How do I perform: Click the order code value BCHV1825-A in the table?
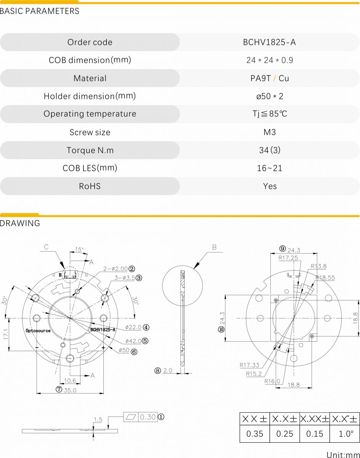(x=269, y=42)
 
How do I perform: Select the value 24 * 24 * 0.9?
(x=270, y=60)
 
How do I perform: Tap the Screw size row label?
(x=90, y=132)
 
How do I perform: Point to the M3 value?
(x=270, y=132)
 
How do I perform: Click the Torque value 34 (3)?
(x=270, y=150)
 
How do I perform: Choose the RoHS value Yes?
(x=270, y=186)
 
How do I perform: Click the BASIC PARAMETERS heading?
(x=39, y=11)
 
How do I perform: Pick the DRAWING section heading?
(x=20, y=223)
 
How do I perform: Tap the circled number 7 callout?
(x=59, y=389)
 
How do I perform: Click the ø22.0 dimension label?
(x=133, y=327)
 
